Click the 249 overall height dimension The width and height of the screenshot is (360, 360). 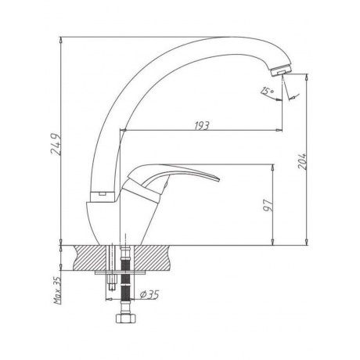(56, 145)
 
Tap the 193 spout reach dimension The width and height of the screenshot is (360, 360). (202, 126)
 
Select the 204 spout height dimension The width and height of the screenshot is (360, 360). (302, 161)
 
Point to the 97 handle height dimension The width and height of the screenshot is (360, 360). (268, 205)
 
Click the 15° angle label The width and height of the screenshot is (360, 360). (267, 91)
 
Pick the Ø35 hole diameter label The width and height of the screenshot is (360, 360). (149, 294)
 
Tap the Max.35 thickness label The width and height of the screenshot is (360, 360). (58, 290)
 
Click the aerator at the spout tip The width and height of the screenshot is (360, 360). (281, 70)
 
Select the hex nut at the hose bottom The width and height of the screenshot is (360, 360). (125, 319)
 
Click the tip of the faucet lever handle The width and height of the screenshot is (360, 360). (219, 179)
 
